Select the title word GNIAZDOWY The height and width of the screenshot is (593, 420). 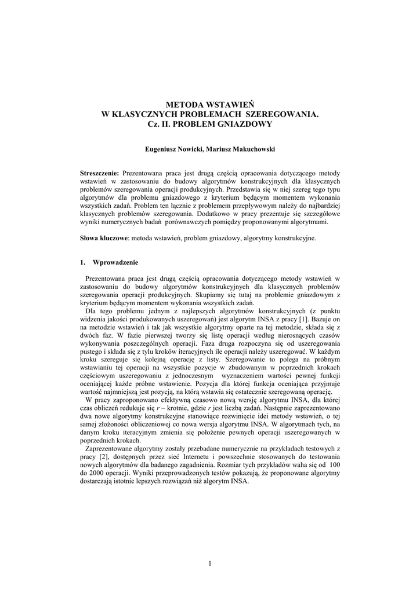tap(244, 124)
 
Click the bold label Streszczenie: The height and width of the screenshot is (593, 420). tap(99, 173)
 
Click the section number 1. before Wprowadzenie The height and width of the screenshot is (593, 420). tap(82, 262)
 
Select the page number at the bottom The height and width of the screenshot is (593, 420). tap(210, 564)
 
